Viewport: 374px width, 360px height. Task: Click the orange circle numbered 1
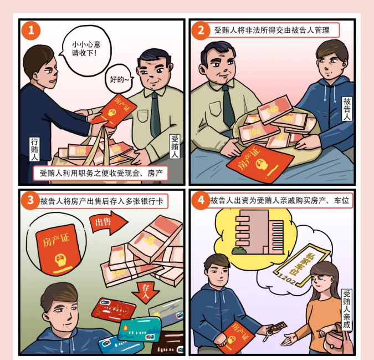pos(31,31)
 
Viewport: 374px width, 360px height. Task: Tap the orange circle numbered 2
pos(201,31)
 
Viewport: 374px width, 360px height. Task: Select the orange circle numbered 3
pos(30,200)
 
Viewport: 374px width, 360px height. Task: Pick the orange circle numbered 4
pos(201,200)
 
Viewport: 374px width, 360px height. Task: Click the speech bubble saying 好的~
pos(119,79)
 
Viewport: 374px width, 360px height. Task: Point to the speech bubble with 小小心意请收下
pos(86,50)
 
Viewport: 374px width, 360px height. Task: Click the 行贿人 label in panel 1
pos(34,149)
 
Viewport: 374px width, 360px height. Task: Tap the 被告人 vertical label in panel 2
pos(347,109)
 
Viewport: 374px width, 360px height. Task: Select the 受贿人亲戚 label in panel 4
pos(347,310)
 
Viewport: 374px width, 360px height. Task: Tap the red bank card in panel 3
pos(114,310)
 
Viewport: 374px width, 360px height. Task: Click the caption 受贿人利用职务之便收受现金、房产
pos(101,173)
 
